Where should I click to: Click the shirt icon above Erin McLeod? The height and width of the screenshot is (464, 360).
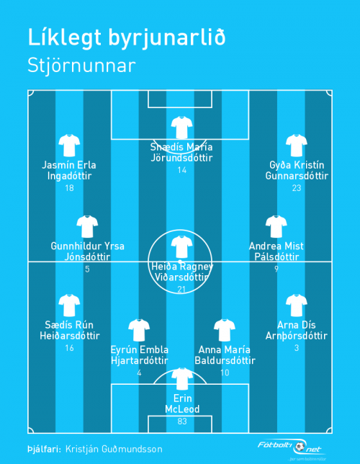click(x=182, y=379)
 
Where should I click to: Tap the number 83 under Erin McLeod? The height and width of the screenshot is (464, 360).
click(x=182, y=421)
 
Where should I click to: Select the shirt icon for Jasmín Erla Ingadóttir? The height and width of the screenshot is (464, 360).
click(x=69, y=146)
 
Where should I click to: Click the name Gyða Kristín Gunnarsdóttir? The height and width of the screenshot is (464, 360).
click(x=297, y=171)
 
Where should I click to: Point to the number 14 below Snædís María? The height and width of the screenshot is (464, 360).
click(x=182, y=170)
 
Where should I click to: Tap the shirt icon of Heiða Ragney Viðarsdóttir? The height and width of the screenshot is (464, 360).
click(x=182, y=247)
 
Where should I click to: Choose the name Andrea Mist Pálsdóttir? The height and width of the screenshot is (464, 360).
click(x=276, y=251)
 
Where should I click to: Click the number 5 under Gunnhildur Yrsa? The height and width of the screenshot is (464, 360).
click(x=87, y=269)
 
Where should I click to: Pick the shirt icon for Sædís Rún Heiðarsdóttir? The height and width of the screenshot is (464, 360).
click(x=69, y=305)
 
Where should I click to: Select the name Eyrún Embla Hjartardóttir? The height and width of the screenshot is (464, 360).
click(x=140, y=355)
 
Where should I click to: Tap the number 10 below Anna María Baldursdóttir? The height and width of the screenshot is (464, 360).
click(x=225, y=372)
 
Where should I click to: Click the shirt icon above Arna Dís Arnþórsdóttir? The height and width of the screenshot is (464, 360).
click(x=297, y=305)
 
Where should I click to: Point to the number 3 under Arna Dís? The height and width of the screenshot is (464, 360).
click(x=297, y=348)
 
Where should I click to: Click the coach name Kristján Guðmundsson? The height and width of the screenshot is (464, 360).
click(x=114, y=449)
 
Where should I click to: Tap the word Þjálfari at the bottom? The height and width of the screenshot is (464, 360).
click(x=44, y=450)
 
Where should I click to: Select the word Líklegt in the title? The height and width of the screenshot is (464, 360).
click(x=65, y=38)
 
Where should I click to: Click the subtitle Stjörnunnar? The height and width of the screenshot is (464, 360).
click(x=81, y=66)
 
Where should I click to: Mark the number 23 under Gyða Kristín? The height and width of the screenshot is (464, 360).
click(x=297, y=188)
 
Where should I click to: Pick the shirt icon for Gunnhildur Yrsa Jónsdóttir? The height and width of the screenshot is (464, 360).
click(x=87, y=227)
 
